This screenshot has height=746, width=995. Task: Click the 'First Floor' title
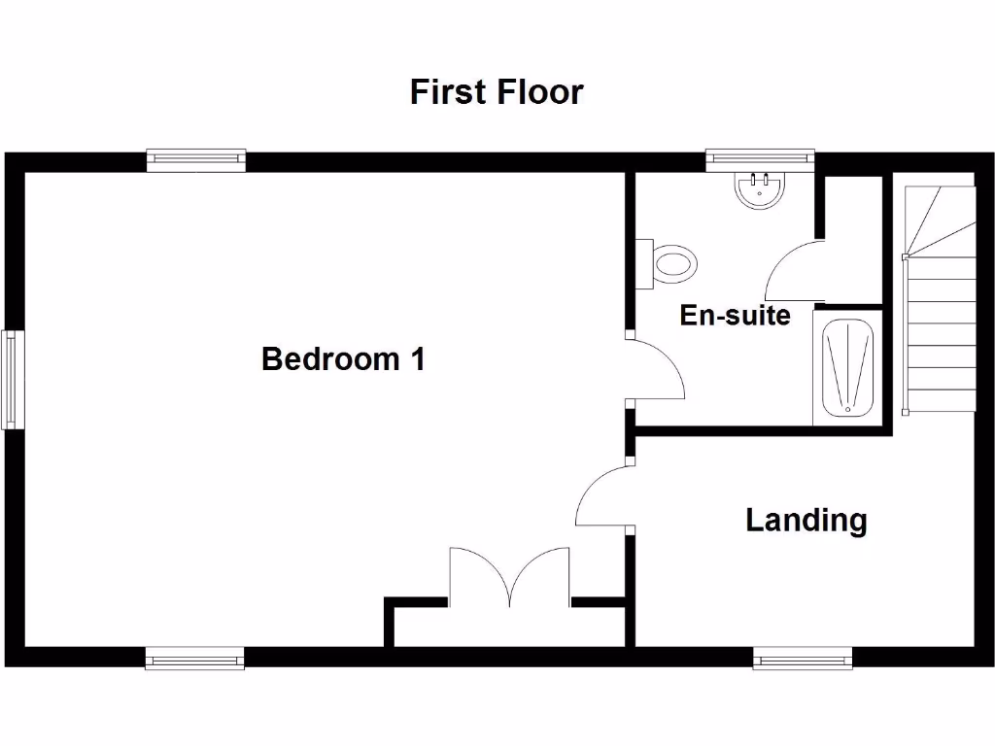496,92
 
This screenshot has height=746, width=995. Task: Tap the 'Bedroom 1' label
343,359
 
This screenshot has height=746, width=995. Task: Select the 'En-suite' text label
735,316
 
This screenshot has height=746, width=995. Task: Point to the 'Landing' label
806,520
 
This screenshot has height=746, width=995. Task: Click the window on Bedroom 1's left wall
12,380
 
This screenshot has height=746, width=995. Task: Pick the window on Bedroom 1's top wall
196,160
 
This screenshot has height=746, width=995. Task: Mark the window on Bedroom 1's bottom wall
194,660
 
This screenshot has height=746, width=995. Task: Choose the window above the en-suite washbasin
759,160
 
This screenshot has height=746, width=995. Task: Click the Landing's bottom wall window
804,660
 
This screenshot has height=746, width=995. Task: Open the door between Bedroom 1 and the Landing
602,495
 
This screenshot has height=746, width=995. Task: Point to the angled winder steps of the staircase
939,219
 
